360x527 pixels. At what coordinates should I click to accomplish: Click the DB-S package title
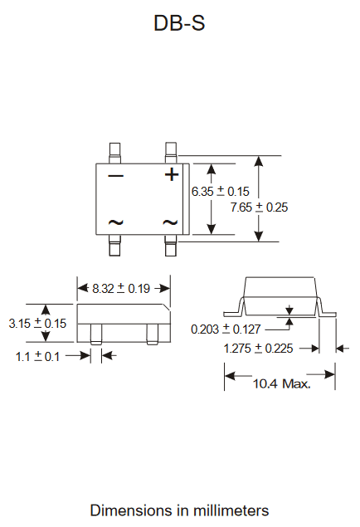click(179, 23)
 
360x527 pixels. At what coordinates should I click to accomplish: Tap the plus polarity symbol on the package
click(172, 174)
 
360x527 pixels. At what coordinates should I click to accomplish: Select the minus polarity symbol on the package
click(116, 175)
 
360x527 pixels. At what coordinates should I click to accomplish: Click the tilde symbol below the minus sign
click(116, 222)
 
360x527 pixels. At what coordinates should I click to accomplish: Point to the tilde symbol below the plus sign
click(170, 222)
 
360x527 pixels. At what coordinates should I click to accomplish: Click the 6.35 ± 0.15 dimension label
click(221, 191)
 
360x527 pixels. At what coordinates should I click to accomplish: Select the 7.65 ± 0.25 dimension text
click(259, 207)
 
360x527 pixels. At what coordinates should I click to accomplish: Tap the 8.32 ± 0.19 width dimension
click(121, 288)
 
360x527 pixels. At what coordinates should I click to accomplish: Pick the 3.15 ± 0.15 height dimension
click(37, 324)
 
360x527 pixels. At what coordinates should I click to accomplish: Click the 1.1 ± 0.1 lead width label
click(37, 356)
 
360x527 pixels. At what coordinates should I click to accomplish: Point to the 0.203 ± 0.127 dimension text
click(226, 329)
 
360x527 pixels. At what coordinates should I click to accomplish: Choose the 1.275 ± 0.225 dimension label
click(258, 349)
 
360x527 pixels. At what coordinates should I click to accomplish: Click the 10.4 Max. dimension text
click(282, 383)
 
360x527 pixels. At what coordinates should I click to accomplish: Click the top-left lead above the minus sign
click(114, 154)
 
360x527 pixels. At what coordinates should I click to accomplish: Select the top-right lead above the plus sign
click(171, 154)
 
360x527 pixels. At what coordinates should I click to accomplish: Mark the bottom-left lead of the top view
click(114, 245)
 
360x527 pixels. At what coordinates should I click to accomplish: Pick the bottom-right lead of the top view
click(171, 245)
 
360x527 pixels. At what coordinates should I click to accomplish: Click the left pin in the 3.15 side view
click(96, 334)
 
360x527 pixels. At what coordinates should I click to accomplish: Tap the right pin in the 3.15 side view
click(153, 334)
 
